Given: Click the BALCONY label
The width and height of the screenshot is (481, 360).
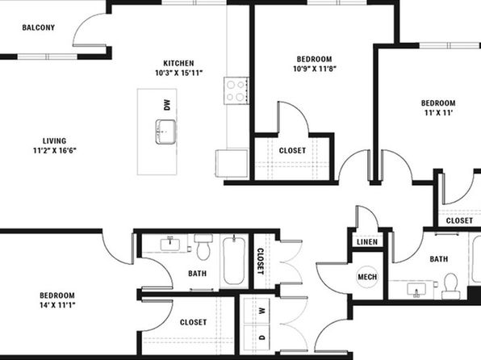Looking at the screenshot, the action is (39, 27).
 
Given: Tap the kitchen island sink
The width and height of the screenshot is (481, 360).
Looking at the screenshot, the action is (165, 132).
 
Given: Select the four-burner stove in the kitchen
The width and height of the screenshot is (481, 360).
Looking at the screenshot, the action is (236, 90).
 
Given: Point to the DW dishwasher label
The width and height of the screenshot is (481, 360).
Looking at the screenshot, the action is (166, 105).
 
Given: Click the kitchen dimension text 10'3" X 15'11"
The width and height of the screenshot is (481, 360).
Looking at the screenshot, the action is (178, 73).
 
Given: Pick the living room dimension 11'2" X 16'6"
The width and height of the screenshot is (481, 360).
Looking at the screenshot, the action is (55, 151).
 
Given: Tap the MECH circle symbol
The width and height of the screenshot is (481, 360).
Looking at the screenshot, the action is (367, 277).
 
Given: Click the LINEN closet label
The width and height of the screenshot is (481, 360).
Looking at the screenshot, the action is (367, 242).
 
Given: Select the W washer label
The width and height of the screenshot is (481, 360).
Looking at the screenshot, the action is (261, 311).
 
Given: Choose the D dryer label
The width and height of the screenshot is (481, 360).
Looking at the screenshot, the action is (261, 337).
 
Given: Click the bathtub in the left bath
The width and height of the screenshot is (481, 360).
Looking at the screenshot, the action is (234, 260).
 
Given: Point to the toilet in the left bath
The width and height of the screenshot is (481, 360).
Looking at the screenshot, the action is (203, 247).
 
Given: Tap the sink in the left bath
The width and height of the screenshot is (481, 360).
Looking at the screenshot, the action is (170, 245).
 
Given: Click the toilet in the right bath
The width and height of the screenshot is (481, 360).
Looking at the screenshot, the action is (451, 286).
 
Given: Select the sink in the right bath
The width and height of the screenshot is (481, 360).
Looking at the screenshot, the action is (416, 290).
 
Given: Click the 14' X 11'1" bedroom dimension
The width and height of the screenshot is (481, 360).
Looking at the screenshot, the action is (57, 305).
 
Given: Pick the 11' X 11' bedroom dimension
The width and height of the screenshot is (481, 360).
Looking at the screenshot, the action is (438, 113).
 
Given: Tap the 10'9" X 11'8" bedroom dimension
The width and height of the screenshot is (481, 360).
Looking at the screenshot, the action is (315, 69).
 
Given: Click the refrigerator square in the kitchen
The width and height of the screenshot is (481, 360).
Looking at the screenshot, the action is (232, 163).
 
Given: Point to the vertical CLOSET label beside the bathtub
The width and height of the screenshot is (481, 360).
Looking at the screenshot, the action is (260, 262).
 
